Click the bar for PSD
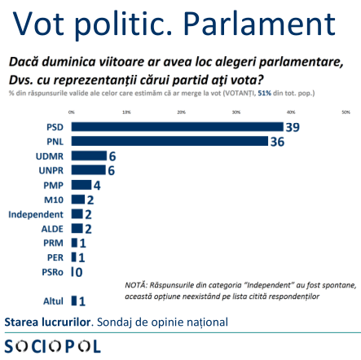coord(177,127)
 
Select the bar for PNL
coord(169,141)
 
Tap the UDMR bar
coord(88,156)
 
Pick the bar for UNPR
coord(88,170)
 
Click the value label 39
coord(292,127)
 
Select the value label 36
coord(276,142)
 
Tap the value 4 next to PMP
coord(97,185)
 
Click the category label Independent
coord(36,214)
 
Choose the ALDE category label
coord(52,229)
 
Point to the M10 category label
coord(54,200)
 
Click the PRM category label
coord(53,243)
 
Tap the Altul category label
coord(53,301)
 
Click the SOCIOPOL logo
coord(53,346)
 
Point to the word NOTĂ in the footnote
coord(135,285)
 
